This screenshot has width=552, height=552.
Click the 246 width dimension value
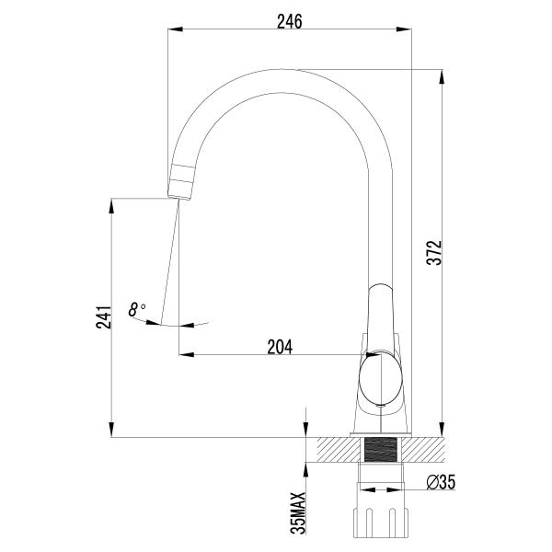pos(289,19)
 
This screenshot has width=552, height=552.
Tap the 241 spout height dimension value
pos(103,316)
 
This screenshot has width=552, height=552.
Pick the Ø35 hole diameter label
pos(442,482)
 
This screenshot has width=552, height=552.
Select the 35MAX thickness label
pos(297,512)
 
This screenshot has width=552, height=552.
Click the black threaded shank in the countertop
pos(381,451)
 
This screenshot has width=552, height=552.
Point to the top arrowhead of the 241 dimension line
pos(111,204)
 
